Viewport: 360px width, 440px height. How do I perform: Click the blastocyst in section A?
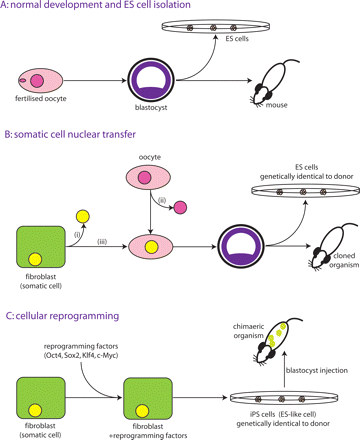point(150,78)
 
